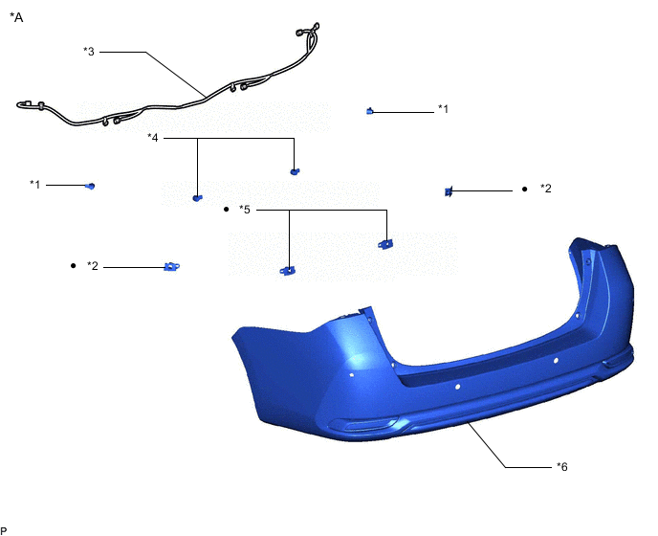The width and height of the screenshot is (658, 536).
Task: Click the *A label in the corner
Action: click(x=16, y=17)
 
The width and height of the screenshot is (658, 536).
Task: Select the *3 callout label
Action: click(x=89, y=52)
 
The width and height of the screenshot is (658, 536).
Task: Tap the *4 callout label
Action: click(x=153, y=138)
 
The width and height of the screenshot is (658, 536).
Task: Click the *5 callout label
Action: click(x=244, y=210)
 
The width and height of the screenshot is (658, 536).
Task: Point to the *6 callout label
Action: click(x=562, y=467)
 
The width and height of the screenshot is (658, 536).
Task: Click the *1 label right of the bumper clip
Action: click(x=443, y=109)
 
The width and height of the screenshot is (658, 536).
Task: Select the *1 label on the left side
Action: click(x=34, y=185)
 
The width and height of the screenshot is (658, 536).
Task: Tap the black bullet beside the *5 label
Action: click(x=227, y=210)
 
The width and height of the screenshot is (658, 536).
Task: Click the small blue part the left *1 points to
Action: click(x=90, y=186)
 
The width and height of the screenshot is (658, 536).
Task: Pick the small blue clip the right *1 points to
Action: click(x=370, y=111)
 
